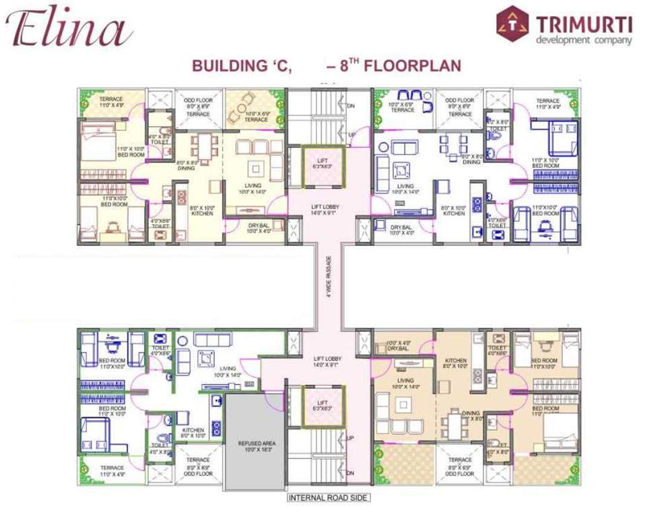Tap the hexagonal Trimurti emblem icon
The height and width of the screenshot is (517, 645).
(513, 24)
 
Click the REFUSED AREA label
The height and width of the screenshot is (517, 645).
(254, 444)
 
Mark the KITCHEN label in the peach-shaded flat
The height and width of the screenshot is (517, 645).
(455, 364)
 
